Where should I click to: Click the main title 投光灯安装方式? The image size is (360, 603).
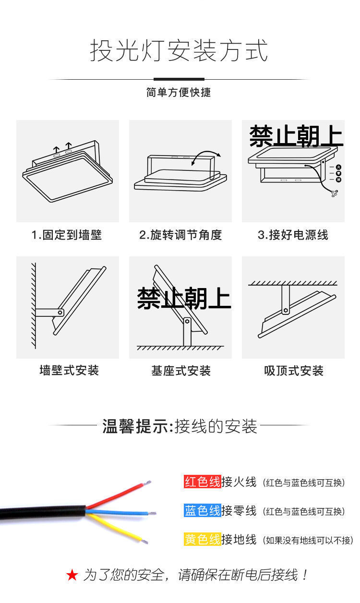click(x=179, y=51)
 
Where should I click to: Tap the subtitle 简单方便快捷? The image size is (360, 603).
click(x=179, y=92)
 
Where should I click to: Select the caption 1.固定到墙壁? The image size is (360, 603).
click(x=67, y=235)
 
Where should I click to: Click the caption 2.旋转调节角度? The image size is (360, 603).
click(x=180, y=235)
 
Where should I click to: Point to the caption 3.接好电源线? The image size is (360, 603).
click(x=293, y=235)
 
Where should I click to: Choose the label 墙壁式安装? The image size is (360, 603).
click(x=69, y=371)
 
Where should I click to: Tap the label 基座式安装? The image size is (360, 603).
click(x=181, y=371)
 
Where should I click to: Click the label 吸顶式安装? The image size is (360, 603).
click(x=293, y=371)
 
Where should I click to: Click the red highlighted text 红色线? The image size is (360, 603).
click(x=202, y=482)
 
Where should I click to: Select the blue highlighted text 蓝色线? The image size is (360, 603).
click(x=202, y=510)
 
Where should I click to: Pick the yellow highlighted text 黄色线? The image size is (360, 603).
click(x=202, y=539)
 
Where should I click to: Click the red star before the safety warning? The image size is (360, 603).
click(x=72, y=575)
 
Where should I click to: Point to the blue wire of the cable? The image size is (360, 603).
click(x=120, y=512)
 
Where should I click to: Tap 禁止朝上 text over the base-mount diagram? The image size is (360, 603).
click(x=184, y=298)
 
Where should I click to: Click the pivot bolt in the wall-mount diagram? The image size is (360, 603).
click(x=60, y=312)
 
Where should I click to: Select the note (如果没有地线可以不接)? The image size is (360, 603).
click(x=308, y=540)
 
